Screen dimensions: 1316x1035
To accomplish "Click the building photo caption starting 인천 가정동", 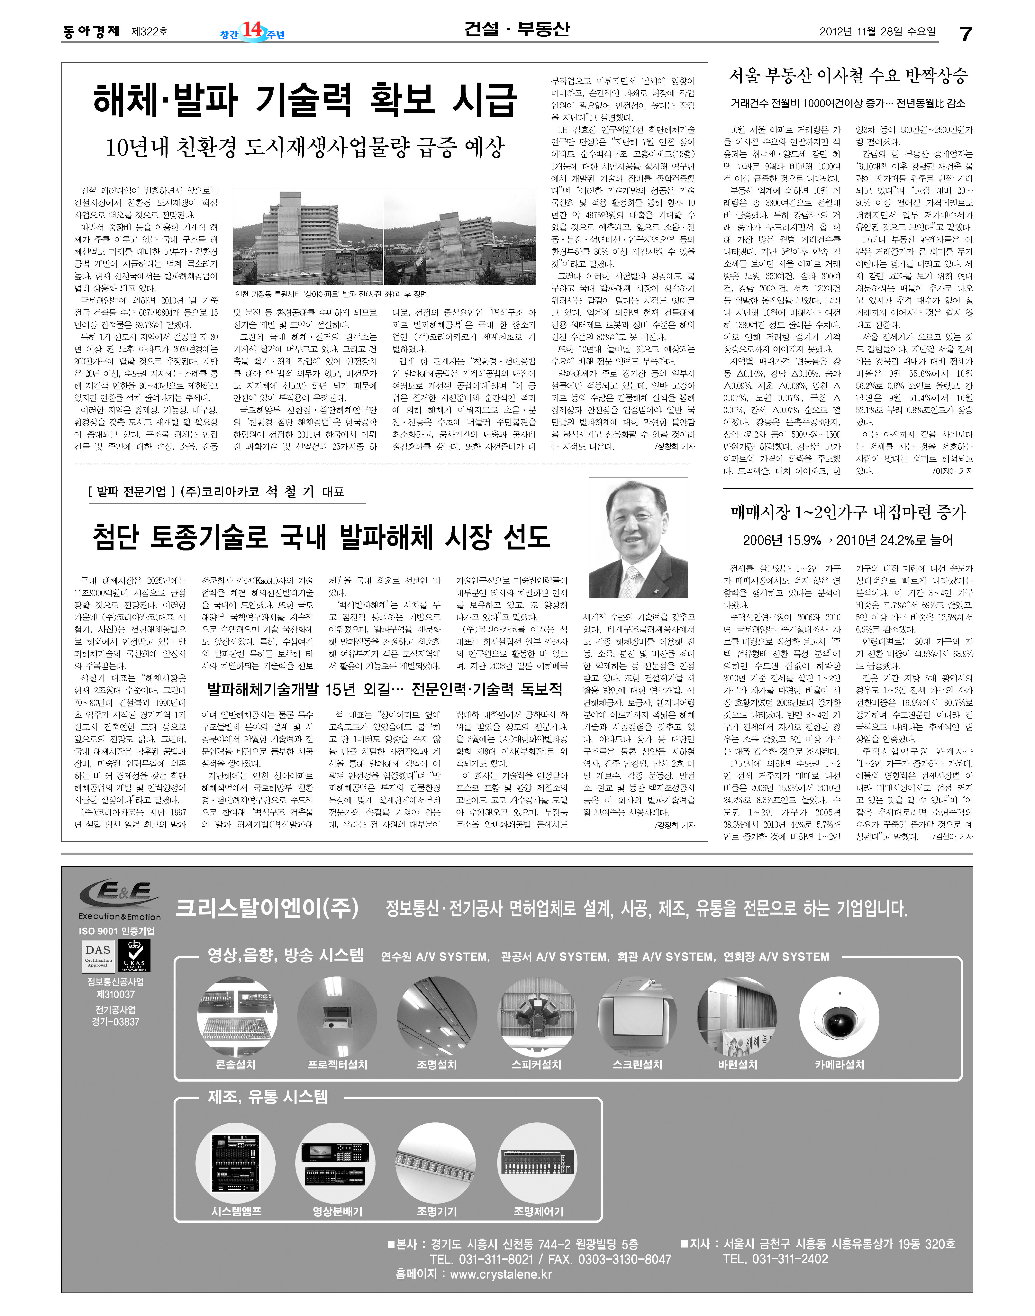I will click(331, 295).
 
